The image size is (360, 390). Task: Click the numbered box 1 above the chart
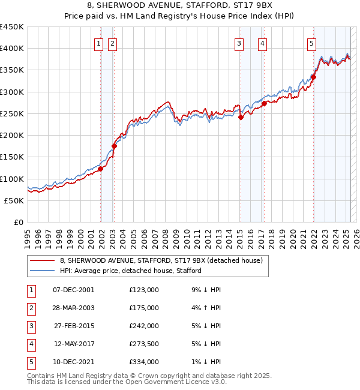(x=98, y=43)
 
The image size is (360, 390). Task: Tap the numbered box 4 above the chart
(x=263, y=43)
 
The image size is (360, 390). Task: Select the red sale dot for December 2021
(x=313, y=77)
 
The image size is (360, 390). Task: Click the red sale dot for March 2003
(x=115, y=146)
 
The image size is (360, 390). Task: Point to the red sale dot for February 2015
(x=241, y=118)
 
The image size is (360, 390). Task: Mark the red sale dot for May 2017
(x=264, y=103)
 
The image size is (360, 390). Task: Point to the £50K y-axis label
(x=14, y=200)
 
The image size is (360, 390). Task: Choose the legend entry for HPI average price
(x=130, y=271)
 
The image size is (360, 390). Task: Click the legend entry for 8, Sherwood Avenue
(x=161, y=260)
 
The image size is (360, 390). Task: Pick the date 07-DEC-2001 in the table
(x=74, y=290)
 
